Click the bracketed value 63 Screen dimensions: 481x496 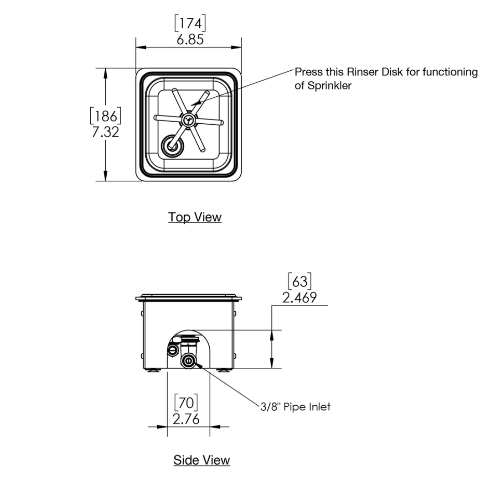pyautogui.click(x=299, y=281)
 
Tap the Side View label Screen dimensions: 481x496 pyautogui.click(x=201, y=460)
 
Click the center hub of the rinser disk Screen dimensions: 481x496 pyautogui.click(x=188, y=120)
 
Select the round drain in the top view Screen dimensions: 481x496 pyautogui.click(x=172, y=145)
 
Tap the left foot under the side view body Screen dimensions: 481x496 pyautogui.click(x=154, y=370)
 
